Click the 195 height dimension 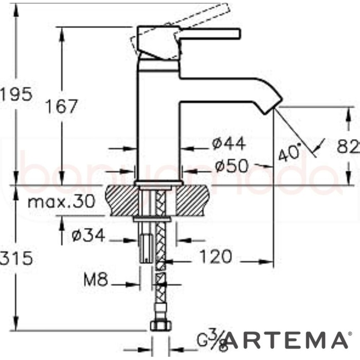[x=16, y=94]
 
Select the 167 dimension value [x=61, y=106]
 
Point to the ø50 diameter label [x=231, y=166]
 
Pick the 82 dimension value [x=349, y=147]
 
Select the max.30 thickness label [x=61, y=201]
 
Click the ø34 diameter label [x=88, y=236]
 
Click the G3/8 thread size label [x=211, y=340]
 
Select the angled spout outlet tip [x=273, y=105]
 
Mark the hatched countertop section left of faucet [x=121, y=201]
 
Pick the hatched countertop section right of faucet [x=195, y=201]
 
